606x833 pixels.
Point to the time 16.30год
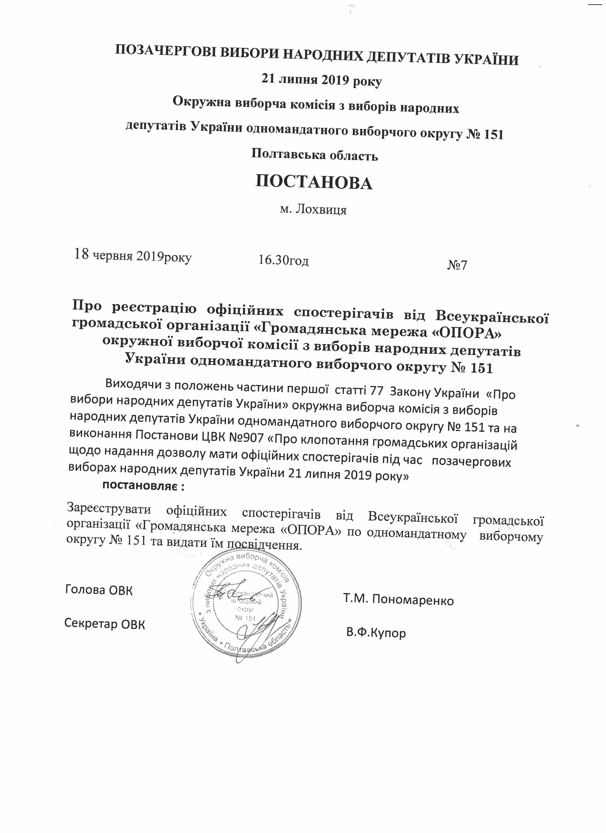coord(283,260)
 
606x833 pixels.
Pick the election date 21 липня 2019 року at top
coord(321,80)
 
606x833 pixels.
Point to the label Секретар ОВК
coord(105,624)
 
